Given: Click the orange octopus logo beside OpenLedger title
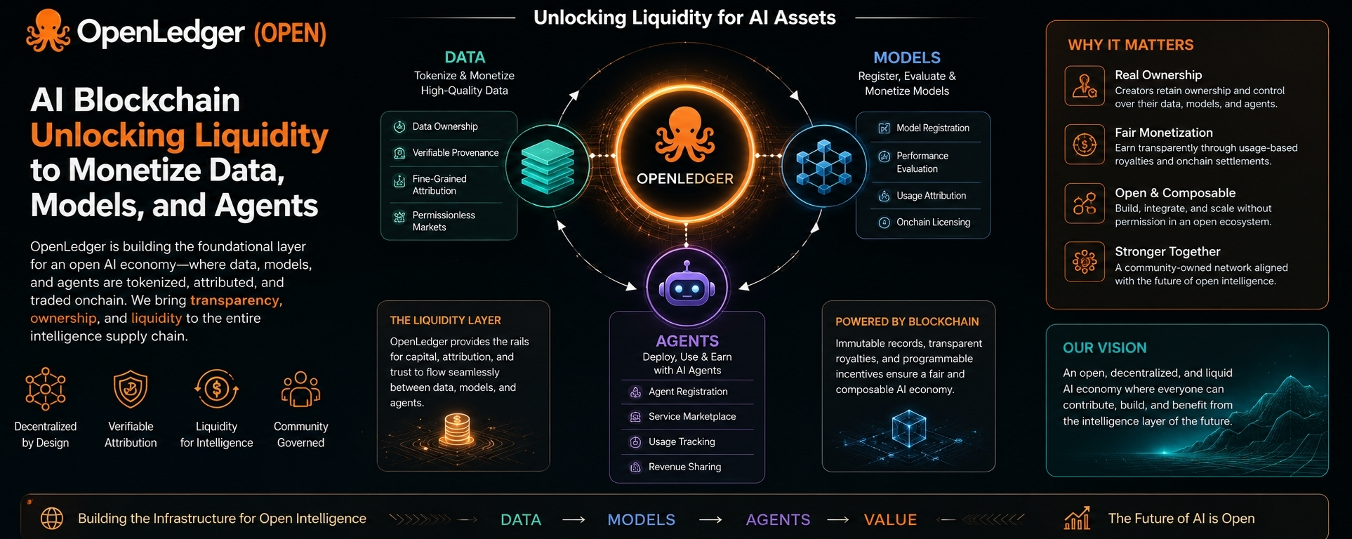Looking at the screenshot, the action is (48, 31).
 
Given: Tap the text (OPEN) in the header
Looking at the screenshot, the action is (290, 33).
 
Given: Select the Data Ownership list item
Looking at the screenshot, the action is (445, 126).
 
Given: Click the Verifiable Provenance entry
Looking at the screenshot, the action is (456, 152).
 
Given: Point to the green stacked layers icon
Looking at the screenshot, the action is (548, 166).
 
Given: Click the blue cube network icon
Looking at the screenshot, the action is (823, 166).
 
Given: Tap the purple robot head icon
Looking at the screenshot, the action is (687, 286).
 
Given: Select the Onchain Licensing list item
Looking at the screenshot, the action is (933, 222).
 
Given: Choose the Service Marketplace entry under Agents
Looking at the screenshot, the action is (692, 416).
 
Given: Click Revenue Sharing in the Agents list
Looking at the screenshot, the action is (684, 467).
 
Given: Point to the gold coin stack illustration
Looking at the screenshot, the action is (457, 430).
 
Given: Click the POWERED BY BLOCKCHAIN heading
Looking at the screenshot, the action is (907, 321).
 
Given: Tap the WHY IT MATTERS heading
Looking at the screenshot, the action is (1130, 45).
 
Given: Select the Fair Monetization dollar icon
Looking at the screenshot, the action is (1085, 145).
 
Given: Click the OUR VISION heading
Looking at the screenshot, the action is (1104, 348).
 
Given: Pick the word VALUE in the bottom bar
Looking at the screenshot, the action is (890, 519).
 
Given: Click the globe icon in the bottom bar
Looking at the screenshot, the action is (52, 519).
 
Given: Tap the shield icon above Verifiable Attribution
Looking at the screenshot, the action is (131, 389).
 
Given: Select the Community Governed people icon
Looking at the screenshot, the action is (300, 389).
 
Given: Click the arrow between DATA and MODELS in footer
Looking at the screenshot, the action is (574, 520).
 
